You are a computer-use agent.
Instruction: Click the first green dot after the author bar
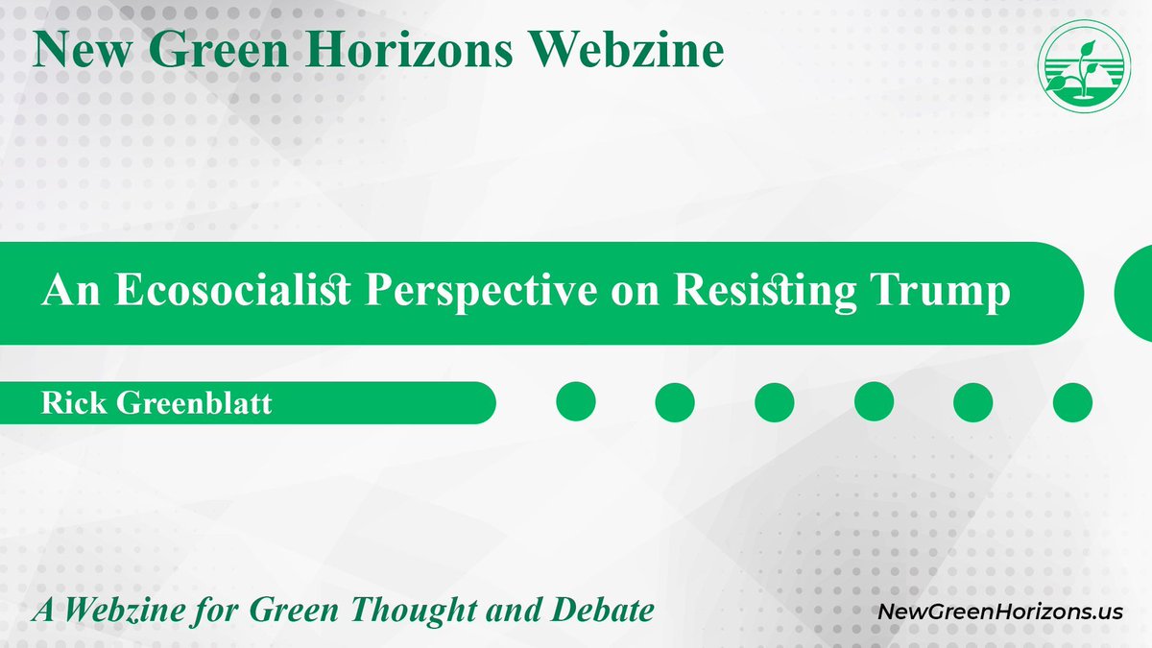point(576,401)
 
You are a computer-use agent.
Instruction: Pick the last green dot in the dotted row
point(1072,401)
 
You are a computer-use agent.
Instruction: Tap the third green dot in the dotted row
point(775,401)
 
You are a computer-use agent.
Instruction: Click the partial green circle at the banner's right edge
point(1135,293)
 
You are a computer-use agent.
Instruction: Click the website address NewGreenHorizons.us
point(1000,611)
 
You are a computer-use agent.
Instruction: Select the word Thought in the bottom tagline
point(435,610)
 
